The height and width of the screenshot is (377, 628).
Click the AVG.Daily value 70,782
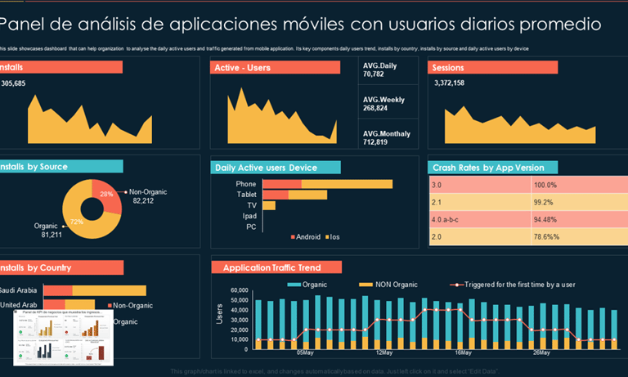(x=374, y=74)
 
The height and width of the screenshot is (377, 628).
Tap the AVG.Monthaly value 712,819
(x=375, y=142)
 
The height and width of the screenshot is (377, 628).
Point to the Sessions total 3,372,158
(x=450, y=83)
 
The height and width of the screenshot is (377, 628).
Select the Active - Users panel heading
(x=242, y=67)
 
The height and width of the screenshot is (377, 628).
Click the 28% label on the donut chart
(x=106, y=194)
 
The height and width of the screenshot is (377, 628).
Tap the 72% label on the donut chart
(x=76, y=221)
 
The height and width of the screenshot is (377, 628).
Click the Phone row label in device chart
(x=246, y=184)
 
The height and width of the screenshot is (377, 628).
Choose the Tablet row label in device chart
(x=246, y=195)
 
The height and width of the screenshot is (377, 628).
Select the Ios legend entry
(x=333, y=237)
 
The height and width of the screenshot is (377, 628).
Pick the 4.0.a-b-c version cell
(x=446, y=219)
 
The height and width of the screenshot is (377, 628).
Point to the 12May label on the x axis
(x=384, y=352)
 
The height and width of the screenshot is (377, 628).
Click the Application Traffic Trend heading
(x=271, y=267)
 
